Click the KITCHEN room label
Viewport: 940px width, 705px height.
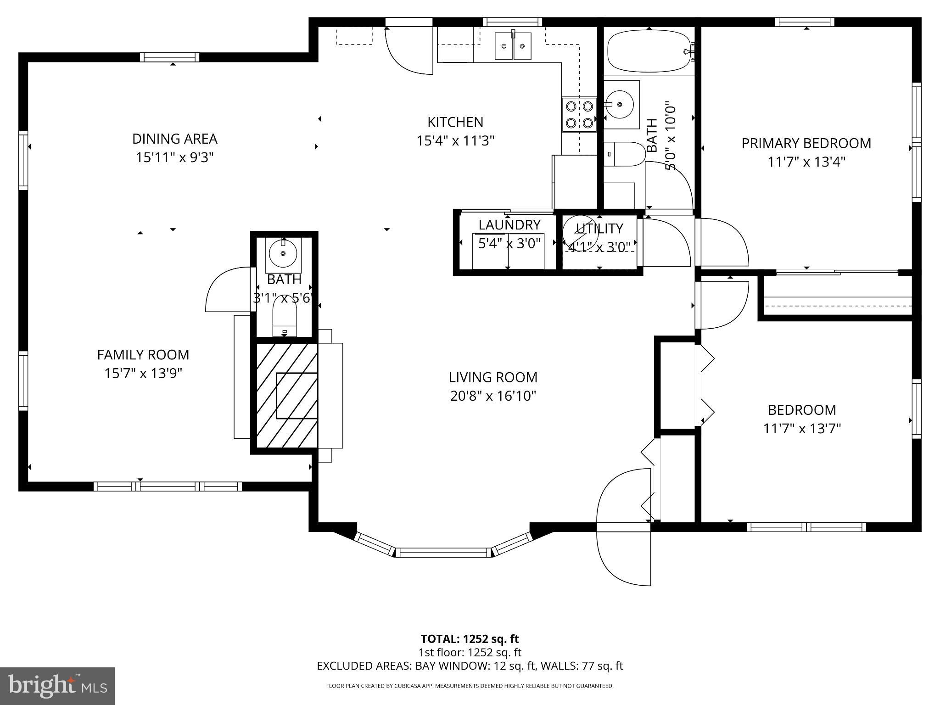coord(455,122)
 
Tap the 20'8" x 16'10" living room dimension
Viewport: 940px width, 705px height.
coord(493,396)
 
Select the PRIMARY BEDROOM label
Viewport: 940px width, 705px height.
coord(806,143)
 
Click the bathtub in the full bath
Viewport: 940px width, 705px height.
coord(649,51)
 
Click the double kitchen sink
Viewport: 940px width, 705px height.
coord(513,46)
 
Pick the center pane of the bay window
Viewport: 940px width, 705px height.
coord(443,552)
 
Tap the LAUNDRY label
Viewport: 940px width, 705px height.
coord(509,225)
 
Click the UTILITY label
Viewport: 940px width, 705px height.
coord(599,228)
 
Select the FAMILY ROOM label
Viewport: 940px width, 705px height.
coord(143,355)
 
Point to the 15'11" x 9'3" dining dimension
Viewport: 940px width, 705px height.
coord(174,158)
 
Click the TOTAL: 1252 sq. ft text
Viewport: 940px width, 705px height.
coord(470,639)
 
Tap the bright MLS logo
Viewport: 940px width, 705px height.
coord(57,686)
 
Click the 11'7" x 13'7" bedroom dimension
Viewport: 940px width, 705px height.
coord(801,429)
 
